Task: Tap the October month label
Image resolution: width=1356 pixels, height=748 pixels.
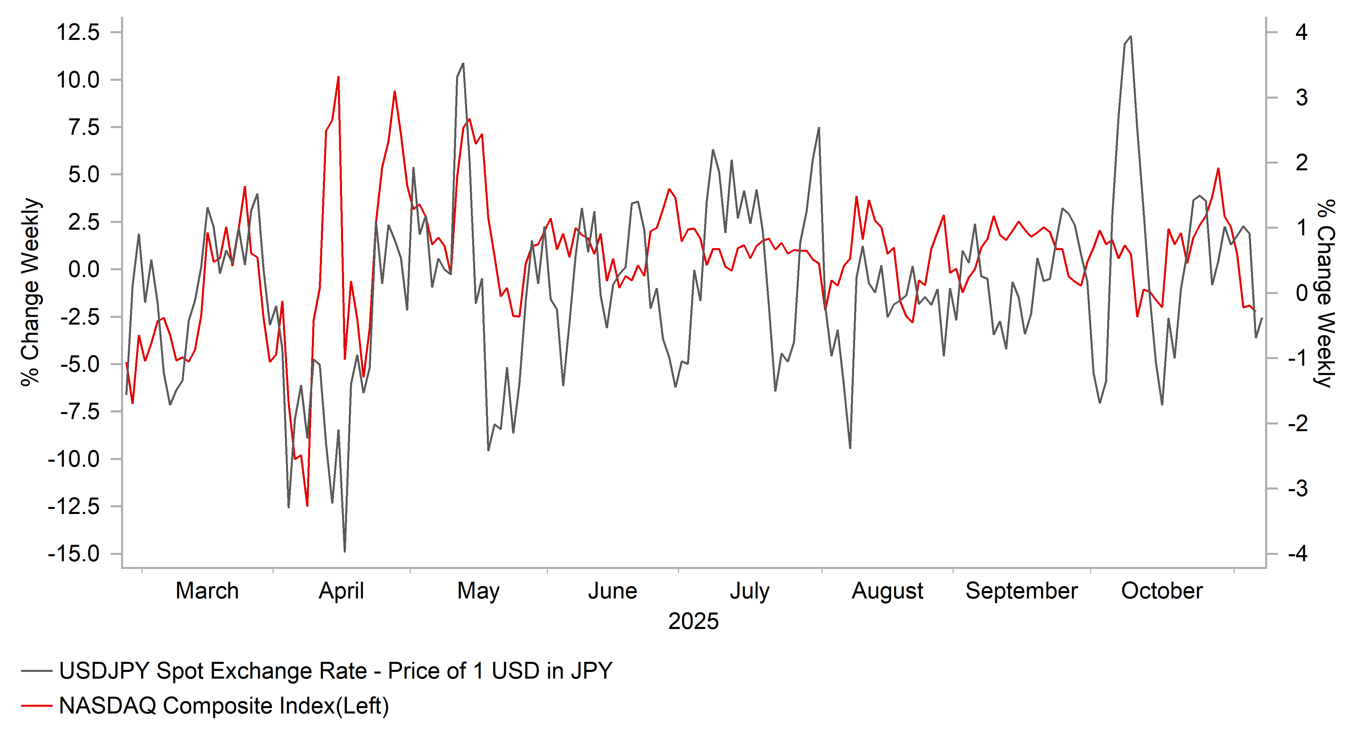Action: (x=1162, y=591)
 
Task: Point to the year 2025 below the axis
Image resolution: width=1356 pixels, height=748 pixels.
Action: (x=693, y=622)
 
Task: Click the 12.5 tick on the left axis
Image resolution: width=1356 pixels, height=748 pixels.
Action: (x=78, y=33)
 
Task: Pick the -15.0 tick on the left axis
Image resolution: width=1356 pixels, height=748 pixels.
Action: (x=74, y=554)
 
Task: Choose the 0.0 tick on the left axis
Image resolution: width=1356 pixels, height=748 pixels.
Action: (x=84, y=270)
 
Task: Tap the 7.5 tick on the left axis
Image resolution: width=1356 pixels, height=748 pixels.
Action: (x=84, y=127)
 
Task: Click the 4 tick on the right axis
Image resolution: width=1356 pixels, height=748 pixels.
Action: (x=1301, y=33)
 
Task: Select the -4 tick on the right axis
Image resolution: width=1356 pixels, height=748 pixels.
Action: (x=1298, y=554)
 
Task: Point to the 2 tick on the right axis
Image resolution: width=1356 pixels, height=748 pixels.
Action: (x=1301, y=163)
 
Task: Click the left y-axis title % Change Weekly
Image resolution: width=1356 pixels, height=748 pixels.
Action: (x=31, y=292)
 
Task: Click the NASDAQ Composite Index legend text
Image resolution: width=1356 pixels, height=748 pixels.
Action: (x=224, y=706)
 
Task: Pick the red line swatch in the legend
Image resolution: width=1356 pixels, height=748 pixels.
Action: (x=36, y=706)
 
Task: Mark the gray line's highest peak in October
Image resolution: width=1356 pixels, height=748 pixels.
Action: (x=1131, y=37)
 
